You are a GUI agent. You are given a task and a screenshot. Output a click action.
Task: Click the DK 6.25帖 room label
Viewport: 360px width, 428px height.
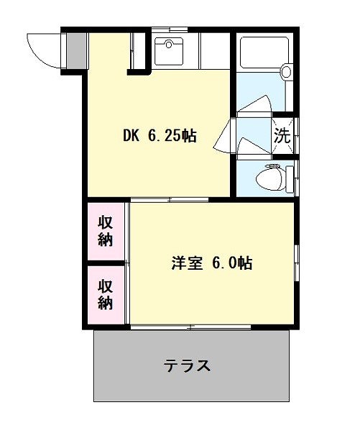click(160, 136)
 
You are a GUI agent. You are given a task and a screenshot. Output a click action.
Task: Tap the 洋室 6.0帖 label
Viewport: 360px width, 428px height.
click(212, 263)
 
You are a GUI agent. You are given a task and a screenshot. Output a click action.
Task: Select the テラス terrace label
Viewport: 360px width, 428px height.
click(187, 365)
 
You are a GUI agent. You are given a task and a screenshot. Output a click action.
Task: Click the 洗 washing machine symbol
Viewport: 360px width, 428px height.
click(282, 136)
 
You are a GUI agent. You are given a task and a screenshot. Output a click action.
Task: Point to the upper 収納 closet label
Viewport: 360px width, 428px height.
click(106, 231)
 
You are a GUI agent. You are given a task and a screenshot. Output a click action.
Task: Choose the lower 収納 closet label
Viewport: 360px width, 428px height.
click(106, 294)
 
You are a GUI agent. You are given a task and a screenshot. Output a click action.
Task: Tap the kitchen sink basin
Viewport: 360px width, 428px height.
click(169, 51)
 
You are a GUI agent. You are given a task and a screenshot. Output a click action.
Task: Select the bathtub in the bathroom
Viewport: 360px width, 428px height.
click(264, 52)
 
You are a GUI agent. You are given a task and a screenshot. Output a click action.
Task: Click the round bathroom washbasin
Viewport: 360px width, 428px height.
click(287, 71)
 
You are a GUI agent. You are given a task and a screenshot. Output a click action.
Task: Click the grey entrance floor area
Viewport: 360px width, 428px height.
click(76, 51)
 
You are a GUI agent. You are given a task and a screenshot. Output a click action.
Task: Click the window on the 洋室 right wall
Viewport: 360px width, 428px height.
click(297, 263)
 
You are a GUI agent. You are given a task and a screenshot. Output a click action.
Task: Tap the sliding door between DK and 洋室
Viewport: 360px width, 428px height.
click(170, 200)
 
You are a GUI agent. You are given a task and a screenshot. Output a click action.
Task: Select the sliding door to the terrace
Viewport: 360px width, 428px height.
click(190, 327)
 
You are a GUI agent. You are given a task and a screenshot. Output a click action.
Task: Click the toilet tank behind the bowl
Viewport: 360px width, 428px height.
click(290, 179)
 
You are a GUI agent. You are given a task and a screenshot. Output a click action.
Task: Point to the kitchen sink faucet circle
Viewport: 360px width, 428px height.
click(169, 44)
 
